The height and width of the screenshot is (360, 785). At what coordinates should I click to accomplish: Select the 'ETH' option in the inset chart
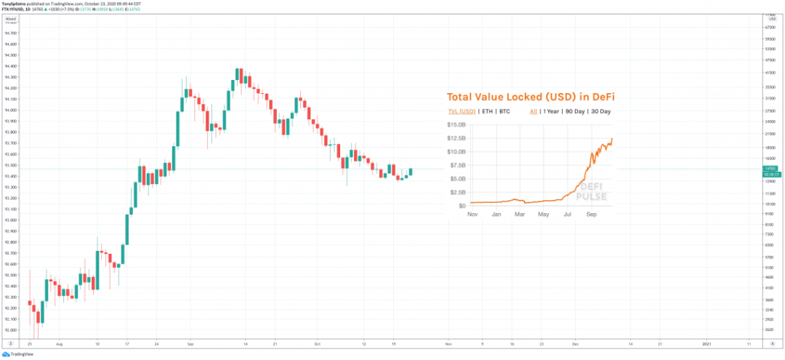pos(488,111)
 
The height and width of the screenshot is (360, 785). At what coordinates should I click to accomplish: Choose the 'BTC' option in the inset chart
pos(504,111)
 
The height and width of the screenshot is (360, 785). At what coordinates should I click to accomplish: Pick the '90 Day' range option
pos(580,111)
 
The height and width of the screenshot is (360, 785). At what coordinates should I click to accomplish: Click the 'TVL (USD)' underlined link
pos(461,111)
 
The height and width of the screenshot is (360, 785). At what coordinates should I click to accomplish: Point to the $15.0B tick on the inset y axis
pos(456,124)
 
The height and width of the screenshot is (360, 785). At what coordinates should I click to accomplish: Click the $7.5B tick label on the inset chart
pos(458,165)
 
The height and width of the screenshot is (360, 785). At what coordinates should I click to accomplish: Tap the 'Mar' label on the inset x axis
pos(520,215)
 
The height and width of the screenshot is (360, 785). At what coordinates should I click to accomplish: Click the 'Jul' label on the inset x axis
pos(566,215)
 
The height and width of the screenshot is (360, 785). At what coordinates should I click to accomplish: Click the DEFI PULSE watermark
pos(592,191)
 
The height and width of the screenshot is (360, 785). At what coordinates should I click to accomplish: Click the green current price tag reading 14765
pos(769,168)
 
